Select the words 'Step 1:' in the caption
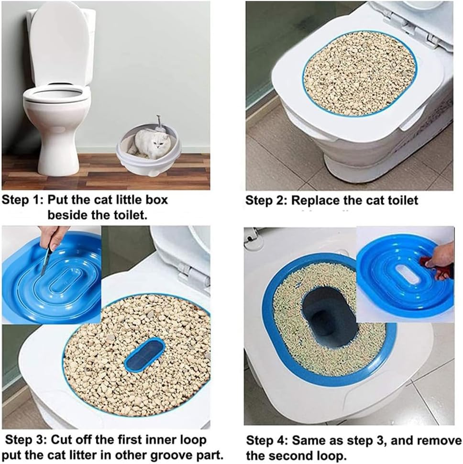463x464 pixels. [22, 199]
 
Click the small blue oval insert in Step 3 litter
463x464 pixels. [144, 354]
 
